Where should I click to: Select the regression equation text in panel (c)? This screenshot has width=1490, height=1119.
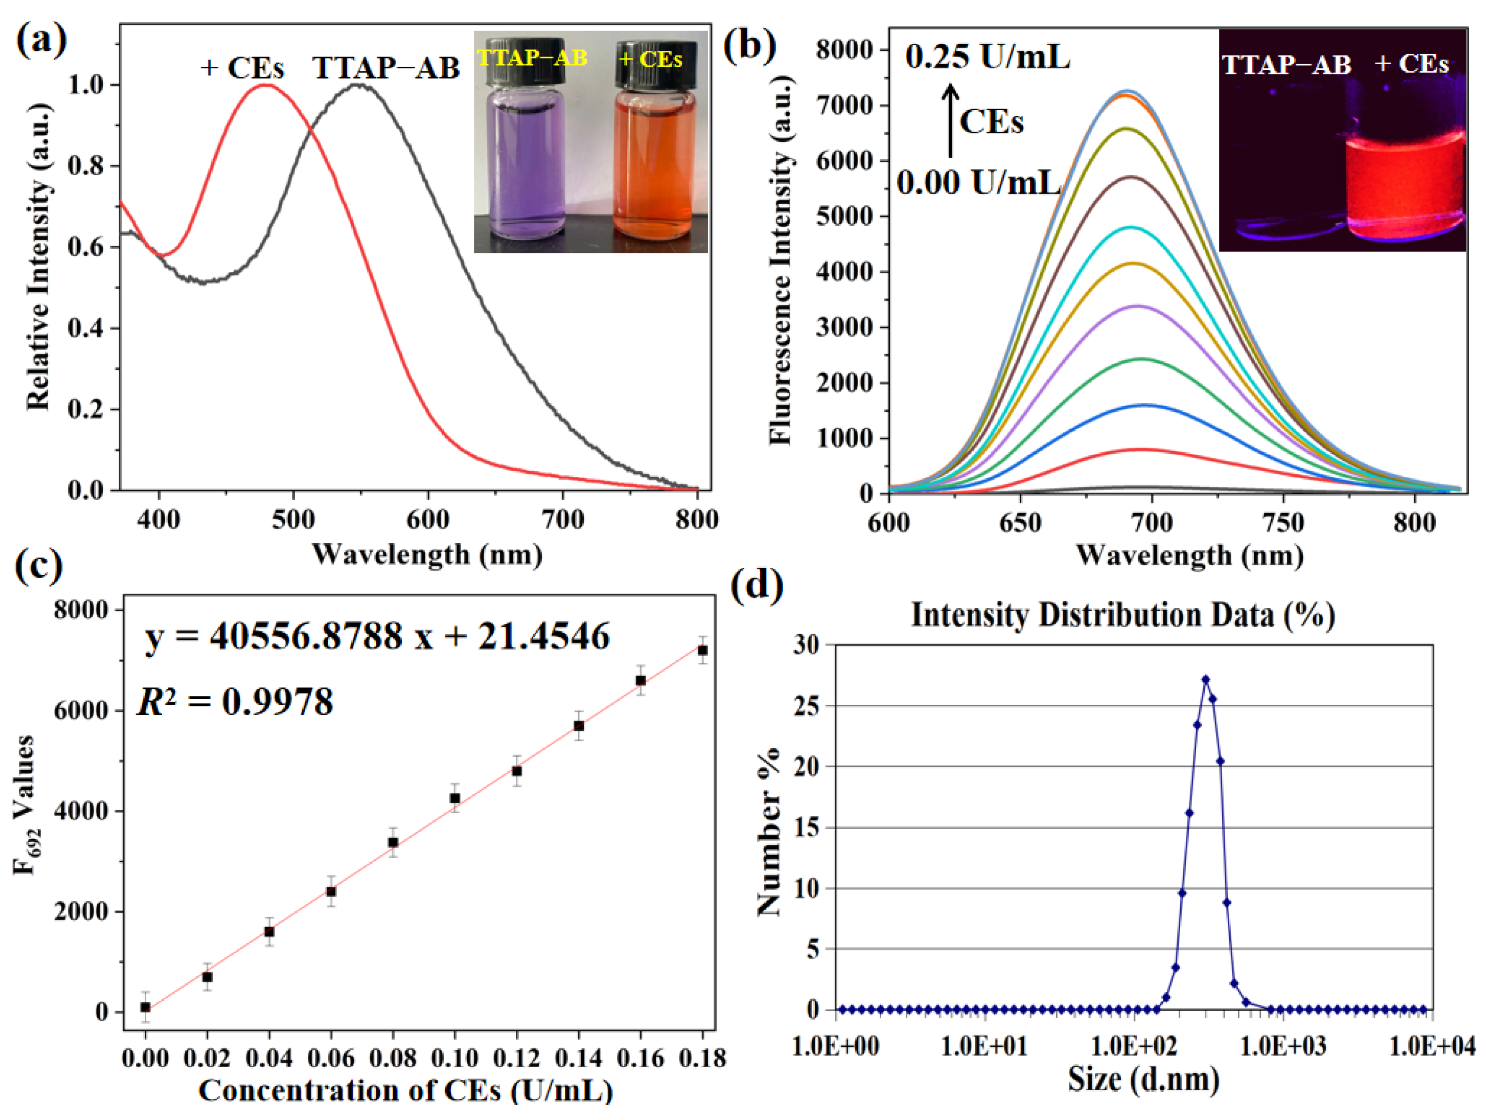point(377,636)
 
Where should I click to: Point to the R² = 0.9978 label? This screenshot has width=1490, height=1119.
point(235,702)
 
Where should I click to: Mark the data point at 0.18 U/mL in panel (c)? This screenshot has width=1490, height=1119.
point(703,650)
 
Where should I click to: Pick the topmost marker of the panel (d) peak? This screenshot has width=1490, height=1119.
point(1206,679)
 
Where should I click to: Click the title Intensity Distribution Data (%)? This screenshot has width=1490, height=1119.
point(1123,615)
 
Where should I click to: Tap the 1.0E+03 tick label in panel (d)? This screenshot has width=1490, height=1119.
point(1283,1046)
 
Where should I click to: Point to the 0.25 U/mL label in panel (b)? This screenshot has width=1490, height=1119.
point(987,57)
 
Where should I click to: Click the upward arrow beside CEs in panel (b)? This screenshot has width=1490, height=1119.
point(951,121)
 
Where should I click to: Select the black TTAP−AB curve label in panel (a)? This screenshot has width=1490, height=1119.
point(386,68)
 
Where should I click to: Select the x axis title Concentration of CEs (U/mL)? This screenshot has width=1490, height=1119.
point(406,1090)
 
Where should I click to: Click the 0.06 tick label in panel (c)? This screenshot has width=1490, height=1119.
point(331,1058)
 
